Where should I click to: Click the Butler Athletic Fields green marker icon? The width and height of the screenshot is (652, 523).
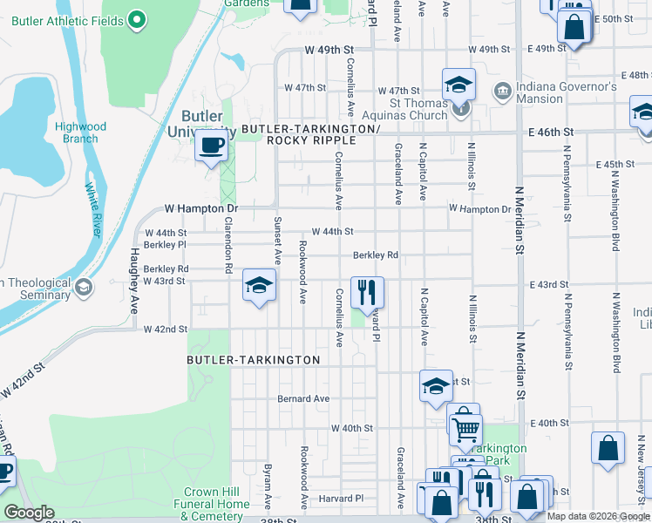pyautogui.click(x=137, y=18)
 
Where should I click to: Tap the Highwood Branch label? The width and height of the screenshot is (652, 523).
pyautogui.click(x=80, y=132)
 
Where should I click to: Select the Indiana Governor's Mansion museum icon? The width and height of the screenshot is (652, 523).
pyautogui.click(x=502, y=92)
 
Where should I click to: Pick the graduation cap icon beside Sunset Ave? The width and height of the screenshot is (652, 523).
pyautogui.click(x=259, y=285)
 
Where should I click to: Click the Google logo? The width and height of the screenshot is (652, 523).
pyautogui.click(x=29, y=513)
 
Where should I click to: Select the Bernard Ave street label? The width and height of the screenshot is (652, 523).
pyautogui.click(x=303, y=398)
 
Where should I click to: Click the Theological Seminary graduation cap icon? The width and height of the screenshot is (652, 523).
pyautogui.click(x=84, y=288)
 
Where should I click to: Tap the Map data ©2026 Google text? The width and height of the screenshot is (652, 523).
pyautogui.click(x=597, y=516)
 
